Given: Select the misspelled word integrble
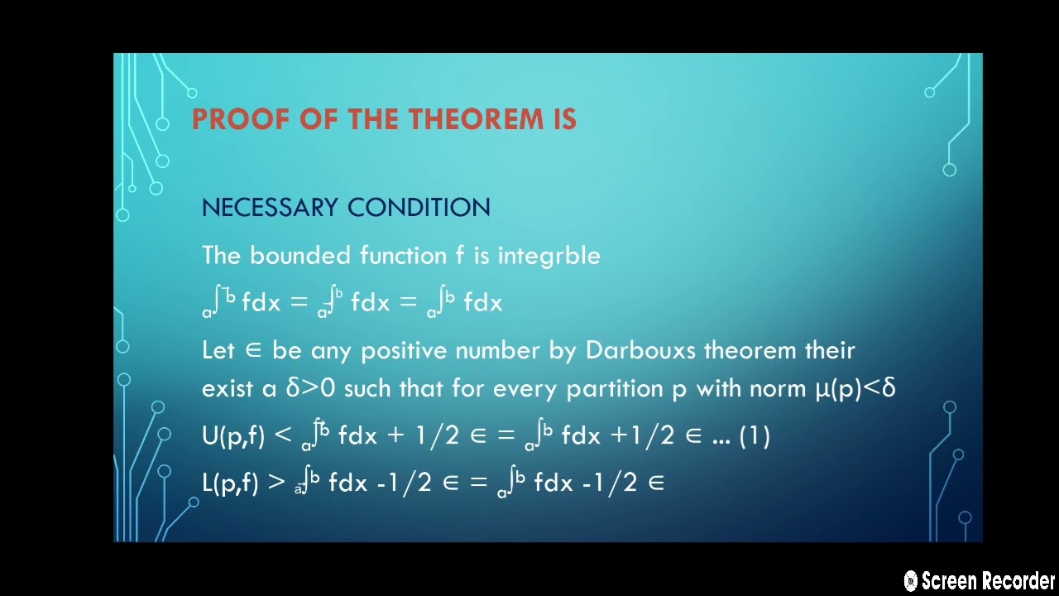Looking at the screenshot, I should point(549,256).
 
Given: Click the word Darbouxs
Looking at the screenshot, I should point(641,350).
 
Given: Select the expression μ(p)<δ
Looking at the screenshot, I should point(855,388).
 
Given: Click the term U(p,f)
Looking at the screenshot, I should point(233,436).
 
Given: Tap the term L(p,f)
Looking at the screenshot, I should point(232,483).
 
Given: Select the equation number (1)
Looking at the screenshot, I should point(754,436).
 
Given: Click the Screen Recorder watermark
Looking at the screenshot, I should point(980,580).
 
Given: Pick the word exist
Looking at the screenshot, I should point(228,388).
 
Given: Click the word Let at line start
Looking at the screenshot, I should point(218,350).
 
